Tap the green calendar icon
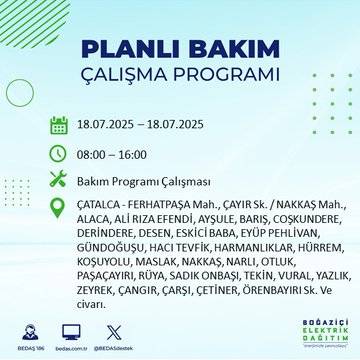pos(59,126)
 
